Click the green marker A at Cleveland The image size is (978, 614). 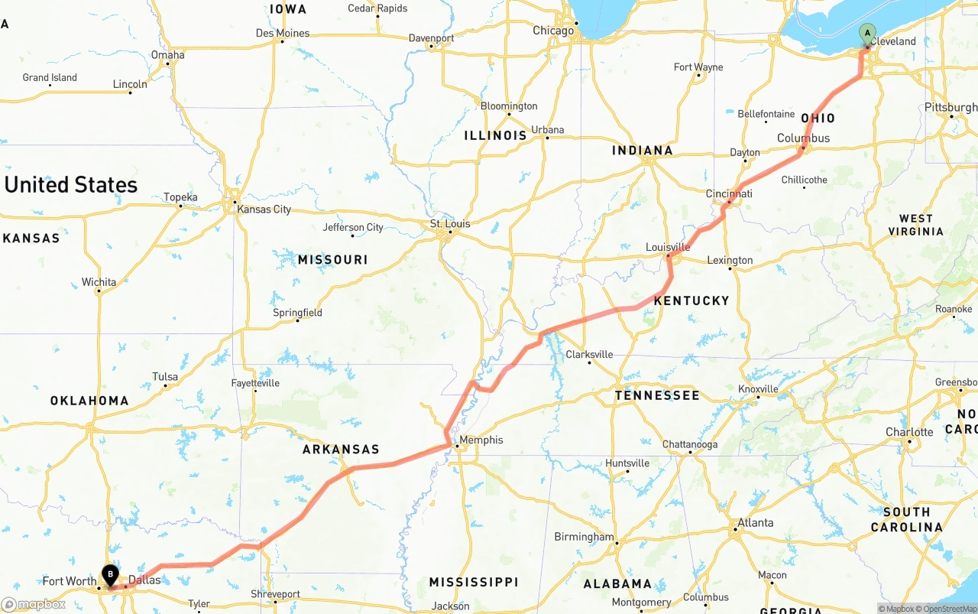867,33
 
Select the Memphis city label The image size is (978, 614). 481,440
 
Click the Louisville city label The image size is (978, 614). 668,247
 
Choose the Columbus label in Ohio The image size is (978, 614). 803,138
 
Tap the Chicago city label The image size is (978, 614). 553,31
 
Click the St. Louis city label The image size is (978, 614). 450,224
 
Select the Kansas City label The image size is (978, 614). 264,209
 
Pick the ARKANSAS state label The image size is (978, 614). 341,449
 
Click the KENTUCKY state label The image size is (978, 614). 691,301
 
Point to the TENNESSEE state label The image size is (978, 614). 657,395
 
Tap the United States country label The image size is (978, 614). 71,184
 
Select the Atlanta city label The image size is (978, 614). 755,523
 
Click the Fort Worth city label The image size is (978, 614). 70,581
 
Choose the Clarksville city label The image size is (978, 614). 589,354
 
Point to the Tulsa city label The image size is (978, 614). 165,376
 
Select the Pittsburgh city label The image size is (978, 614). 950,107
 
